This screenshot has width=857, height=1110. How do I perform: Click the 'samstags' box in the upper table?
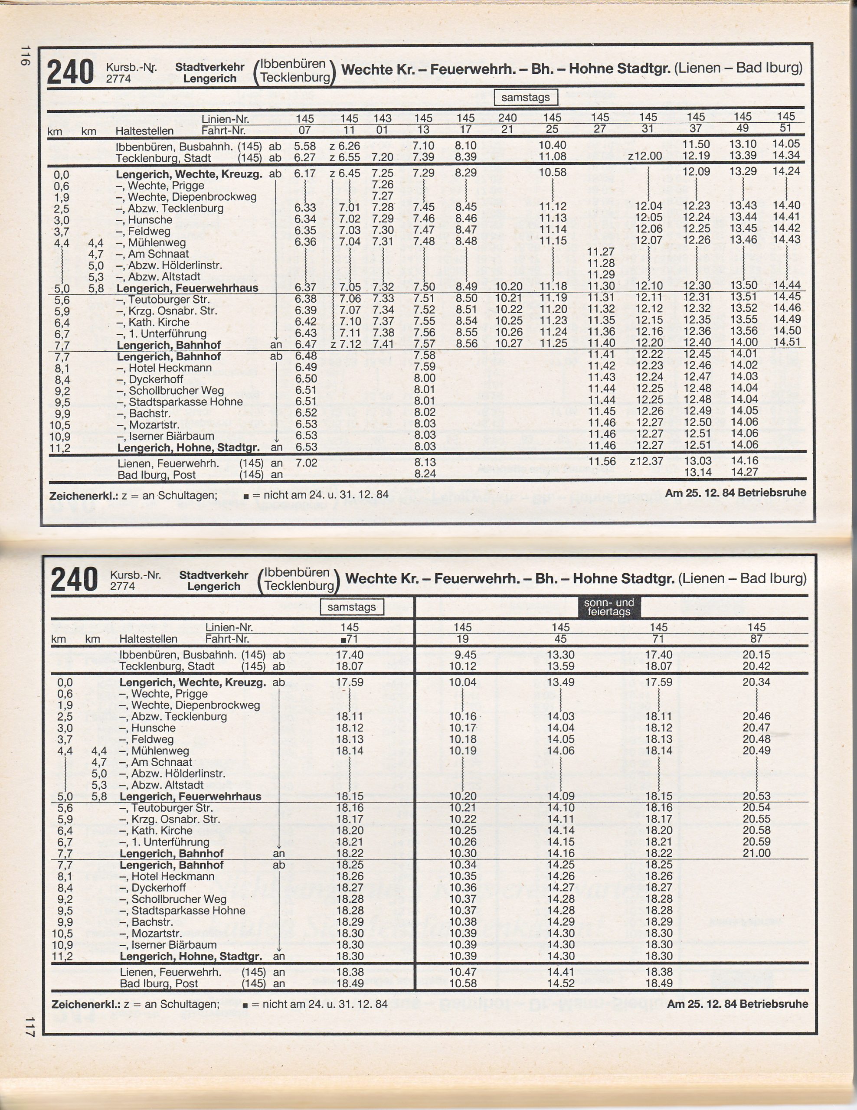click(525, 97)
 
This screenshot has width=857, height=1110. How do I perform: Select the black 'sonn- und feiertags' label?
click(609, 607)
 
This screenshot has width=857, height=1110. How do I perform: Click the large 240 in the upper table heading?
click(70, 72)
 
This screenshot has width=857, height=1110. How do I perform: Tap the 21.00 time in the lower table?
click(756, 853)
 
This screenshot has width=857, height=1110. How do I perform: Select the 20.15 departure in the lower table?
click(756, 655)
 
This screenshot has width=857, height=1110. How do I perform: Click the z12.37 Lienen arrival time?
click(646, 461)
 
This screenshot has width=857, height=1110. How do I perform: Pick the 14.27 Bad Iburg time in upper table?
click(744, 472)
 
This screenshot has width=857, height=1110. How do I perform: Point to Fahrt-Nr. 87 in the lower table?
click(756, 639)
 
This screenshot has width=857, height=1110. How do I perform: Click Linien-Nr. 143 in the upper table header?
click(382, 118)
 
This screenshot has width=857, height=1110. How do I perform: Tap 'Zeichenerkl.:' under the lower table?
click(83, 1004)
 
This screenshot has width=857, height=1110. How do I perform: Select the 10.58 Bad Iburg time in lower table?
click(463, 983)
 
